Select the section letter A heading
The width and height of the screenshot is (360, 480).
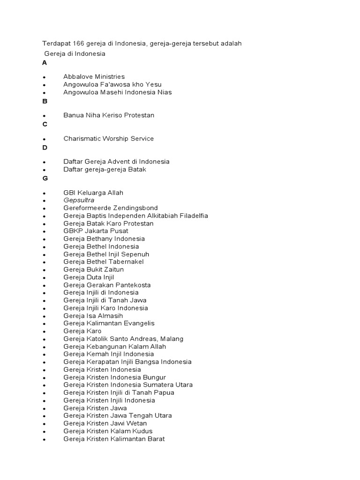pos(45,62)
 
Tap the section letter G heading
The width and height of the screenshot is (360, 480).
pos(45,178)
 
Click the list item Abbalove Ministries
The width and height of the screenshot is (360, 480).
pos(94,76)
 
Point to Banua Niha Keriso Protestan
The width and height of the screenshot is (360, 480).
pos(109,115)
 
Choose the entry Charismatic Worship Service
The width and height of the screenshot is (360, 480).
pos(108,139)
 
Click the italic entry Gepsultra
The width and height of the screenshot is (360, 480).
pos(79,200)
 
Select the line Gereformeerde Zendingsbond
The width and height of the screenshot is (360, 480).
pos(111,208)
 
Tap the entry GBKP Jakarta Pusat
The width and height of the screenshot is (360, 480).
pos(96,231)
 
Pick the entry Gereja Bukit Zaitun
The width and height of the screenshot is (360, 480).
pos(94,270)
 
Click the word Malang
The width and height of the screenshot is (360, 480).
pos(171,339)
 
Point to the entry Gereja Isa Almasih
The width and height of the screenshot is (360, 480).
pos(93,316)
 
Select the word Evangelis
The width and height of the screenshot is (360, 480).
pos(139,323)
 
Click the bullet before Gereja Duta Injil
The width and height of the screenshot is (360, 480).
pos(44,278)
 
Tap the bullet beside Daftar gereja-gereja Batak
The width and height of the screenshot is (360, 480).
pos(44,170)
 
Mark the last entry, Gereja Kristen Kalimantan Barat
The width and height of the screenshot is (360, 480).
pos(114,439)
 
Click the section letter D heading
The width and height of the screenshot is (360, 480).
pos(45,148)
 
